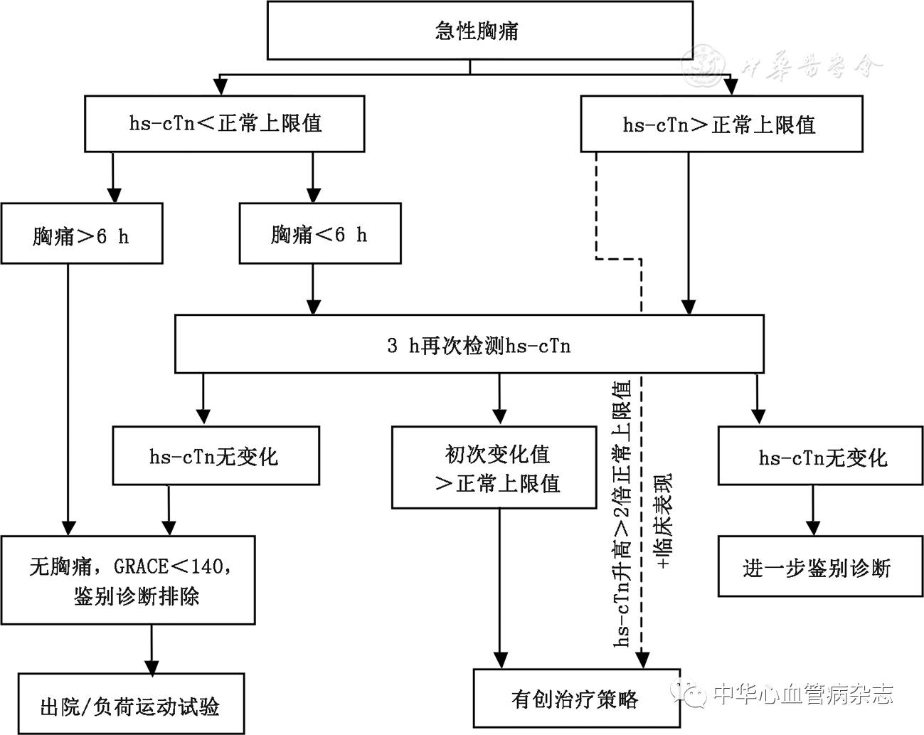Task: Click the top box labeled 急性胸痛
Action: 479,31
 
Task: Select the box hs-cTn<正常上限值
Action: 224,123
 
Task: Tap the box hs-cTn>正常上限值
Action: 721,125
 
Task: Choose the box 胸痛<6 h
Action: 319,233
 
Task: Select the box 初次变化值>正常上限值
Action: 494,467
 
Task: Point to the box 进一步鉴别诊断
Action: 816,566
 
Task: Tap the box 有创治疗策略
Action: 576,699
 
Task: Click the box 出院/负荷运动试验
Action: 131,704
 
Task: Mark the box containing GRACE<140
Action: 128,581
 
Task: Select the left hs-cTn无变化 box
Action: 215,456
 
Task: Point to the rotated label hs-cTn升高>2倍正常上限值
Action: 622,512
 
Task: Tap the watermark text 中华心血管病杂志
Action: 802,693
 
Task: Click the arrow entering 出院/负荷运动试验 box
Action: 152,649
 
